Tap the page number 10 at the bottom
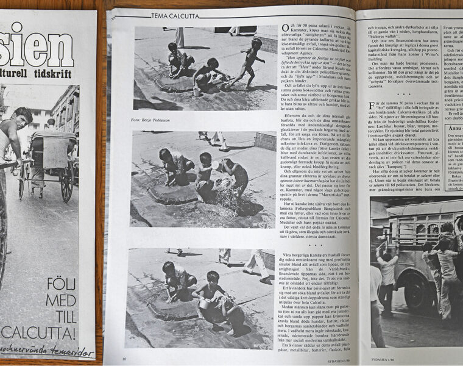124,358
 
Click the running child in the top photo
247,61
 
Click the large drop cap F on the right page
372,106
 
